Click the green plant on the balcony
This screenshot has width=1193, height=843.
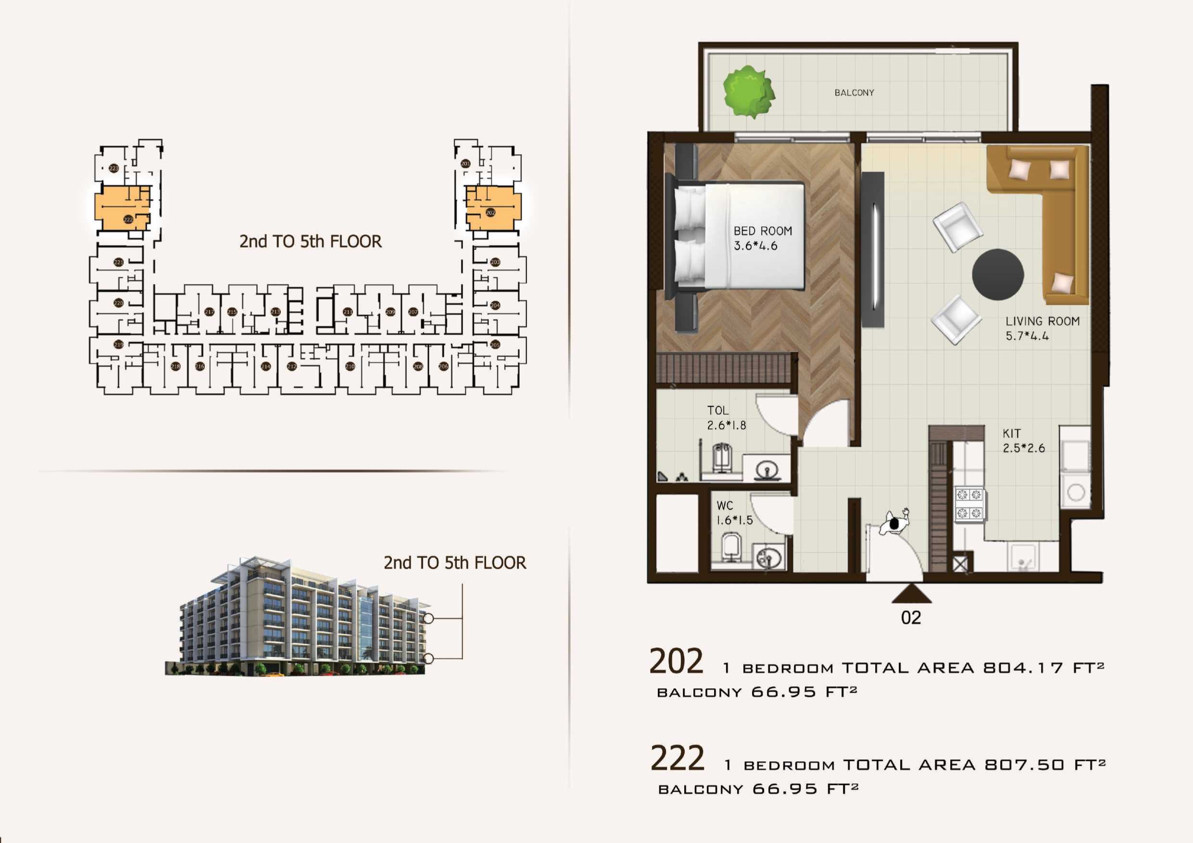(x=749, y=91)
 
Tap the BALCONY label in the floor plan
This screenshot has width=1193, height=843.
(x=854, y=93)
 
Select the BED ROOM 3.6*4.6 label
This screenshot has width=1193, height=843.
(x=762, y=238)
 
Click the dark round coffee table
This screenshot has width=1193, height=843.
(x=998, y=274)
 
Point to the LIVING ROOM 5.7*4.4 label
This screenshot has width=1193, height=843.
(x=1042, y=328)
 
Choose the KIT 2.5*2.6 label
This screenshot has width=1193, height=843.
(x=1023, y=440)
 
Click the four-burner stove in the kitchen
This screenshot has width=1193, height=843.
(x=969, y=504)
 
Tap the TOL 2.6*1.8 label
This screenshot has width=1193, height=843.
(x=726, y=418)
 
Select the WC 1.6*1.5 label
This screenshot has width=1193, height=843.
(x=734, y=513)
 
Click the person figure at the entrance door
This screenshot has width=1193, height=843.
(x=895, y=523)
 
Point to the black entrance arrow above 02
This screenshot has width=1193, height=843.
(x=911, y=594)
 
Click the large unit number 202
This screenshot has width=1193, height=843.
(x=676, y=662)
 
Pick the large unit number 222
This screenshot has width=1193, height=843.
(x=677, y=758)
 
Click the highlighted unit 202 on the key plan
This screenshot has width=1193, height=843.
(x=492, y=209)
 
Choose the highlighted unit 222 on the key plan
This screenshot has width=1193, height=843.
(x=123, y=209)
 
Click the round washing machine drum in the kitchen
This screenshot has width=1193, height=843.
(x=1075, y=491)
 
